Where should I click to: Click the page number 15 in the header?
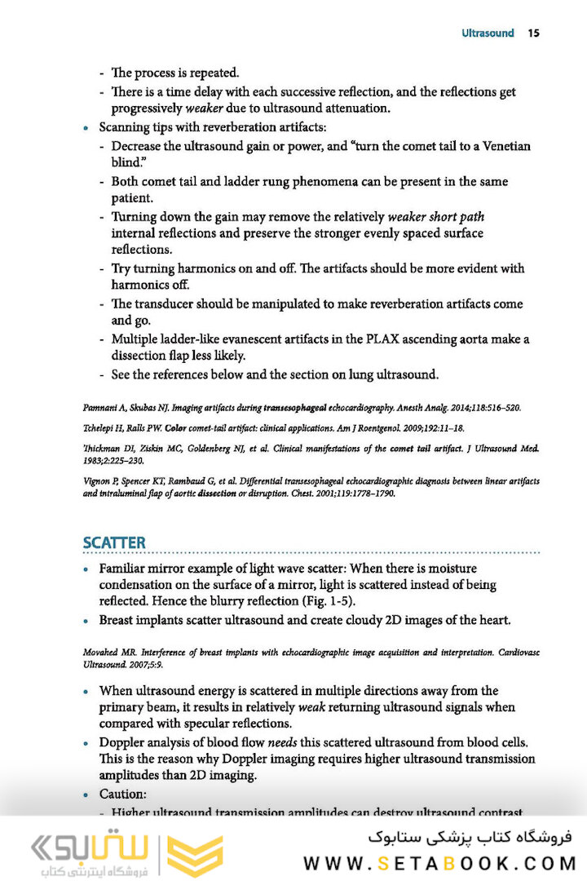[534, 33]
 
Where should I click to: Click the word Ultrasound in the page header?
[488, 33]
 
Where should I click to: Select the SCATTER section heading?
[114, 543]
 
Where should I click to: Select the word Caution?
[121, 794]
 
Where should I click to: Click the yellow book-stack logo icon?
[195, 856]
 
